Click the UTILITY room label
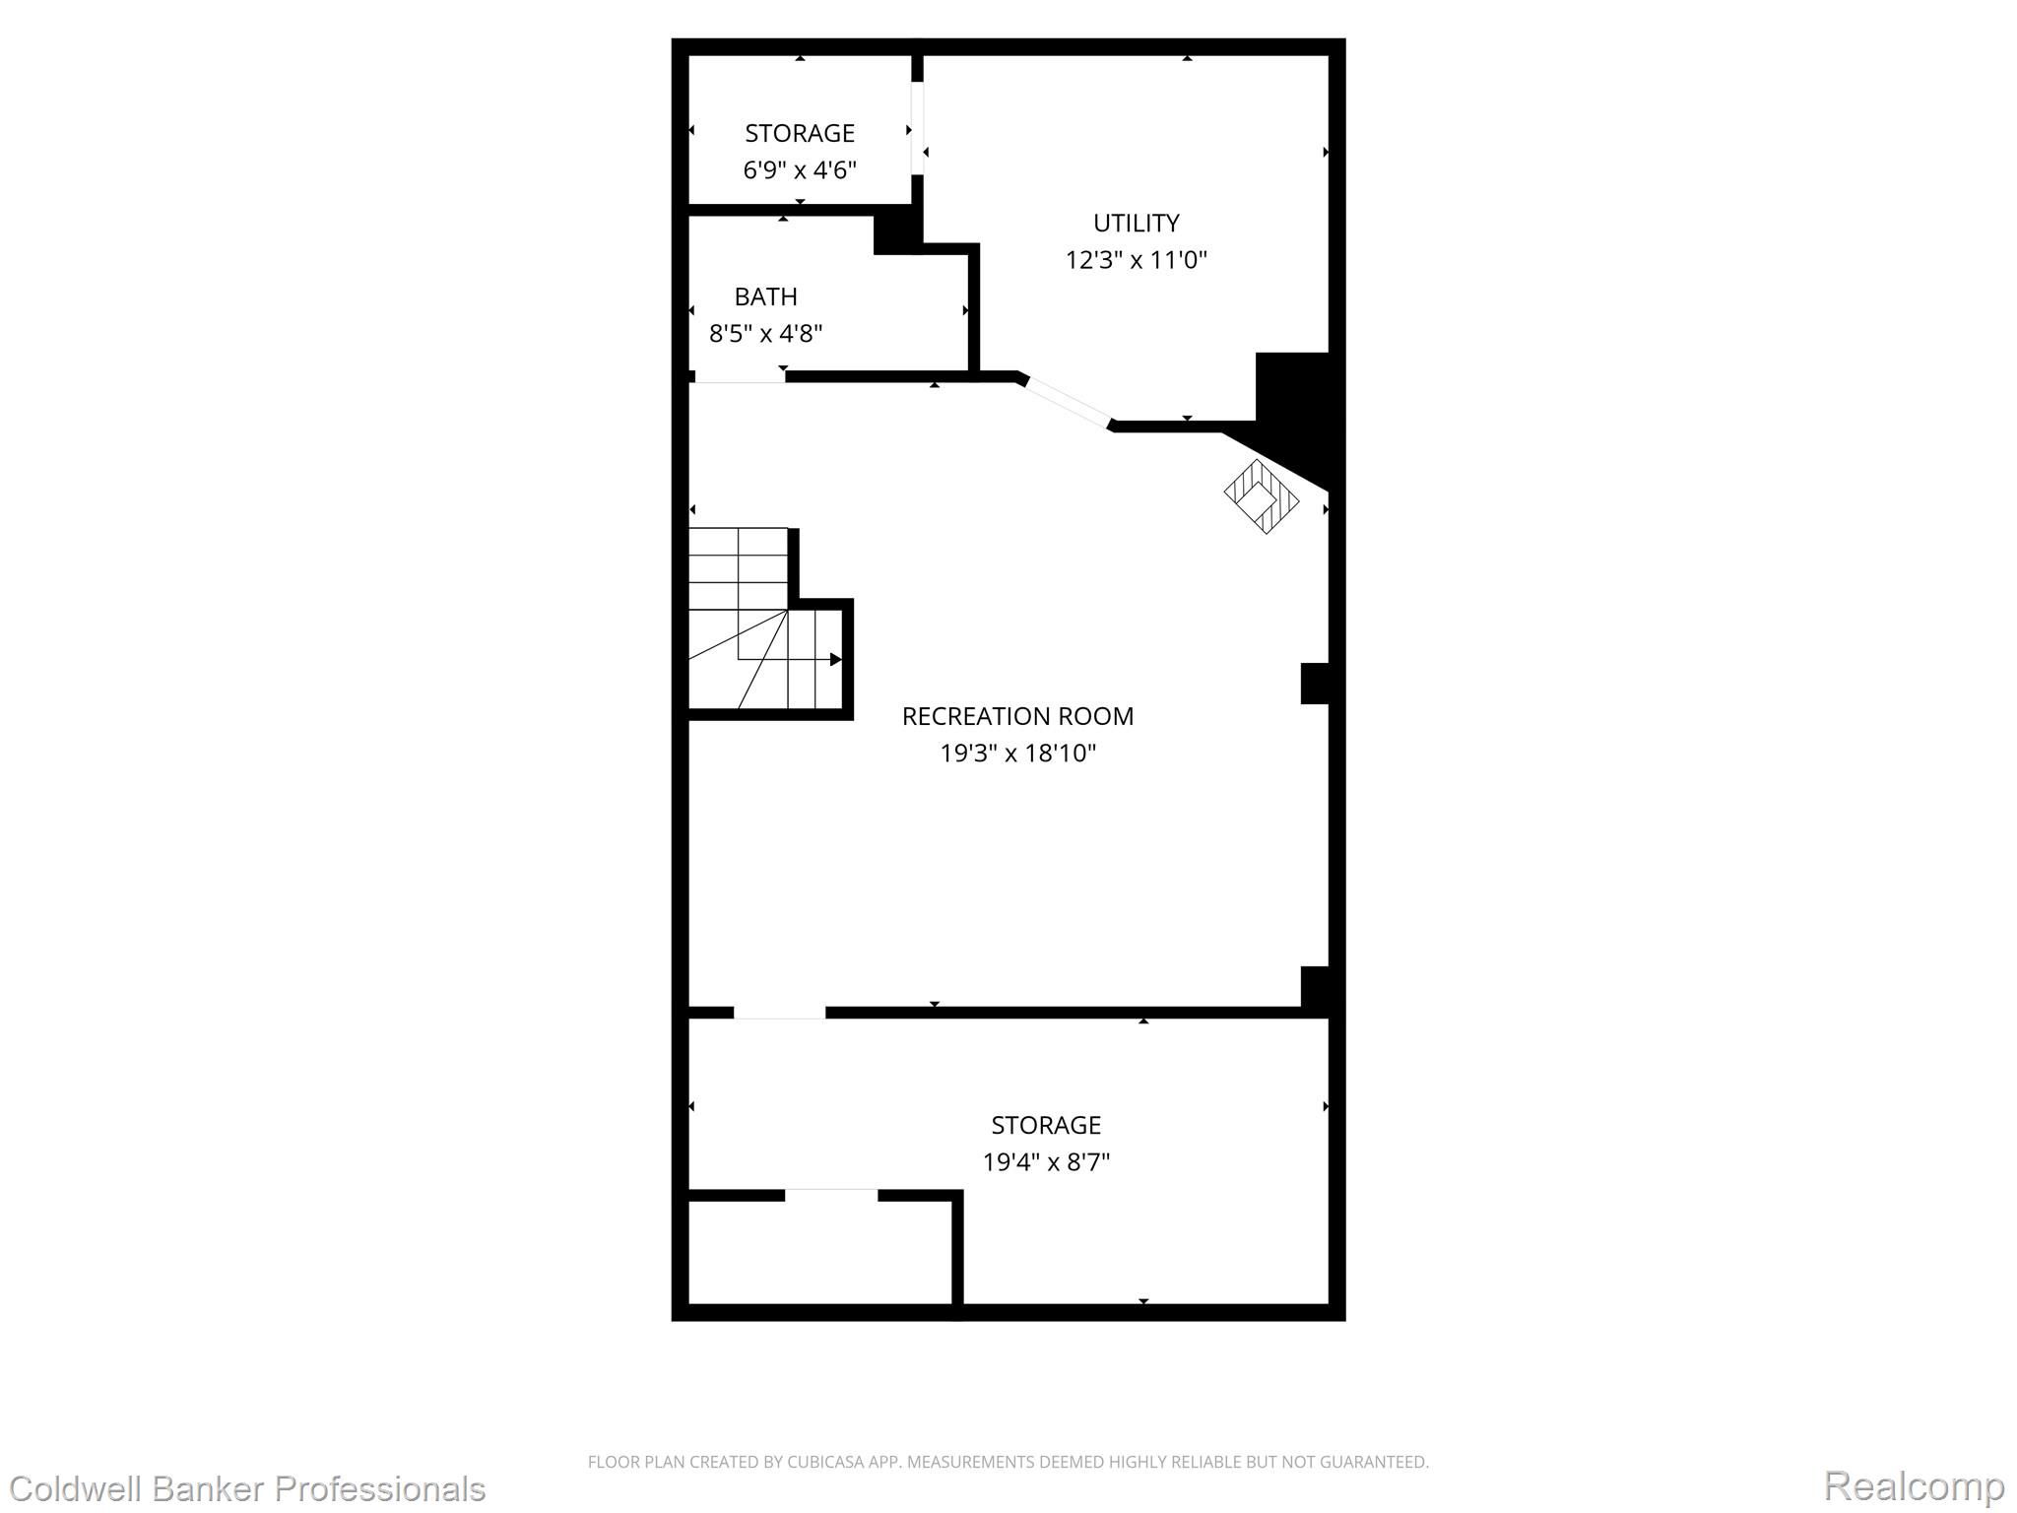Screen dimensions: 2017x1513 (x=1136, y=223)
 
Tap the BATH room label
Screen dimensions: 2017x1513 (x=765, y=296)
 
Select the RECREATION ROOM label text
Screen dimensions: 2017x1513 (x=1017, y=716)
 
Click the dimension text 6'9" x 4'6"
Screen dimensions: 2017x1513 (x=800, y=170)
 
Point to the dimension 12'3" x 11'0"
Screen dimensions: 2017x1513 (x=1136, y=260)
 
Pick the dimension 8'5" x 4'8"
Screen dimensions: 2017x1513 (x=765, y=333)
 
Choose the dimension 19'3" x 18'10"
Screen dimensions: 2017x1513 (x=1017, y=754)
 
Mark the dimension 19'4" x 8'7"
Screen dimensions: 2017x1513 (x=1046, y=1162)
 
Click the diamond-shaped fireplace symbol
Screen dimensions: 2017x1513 (x=1262, y=496)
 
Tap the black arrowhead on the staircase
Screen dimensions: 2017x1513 (x=836, y=660)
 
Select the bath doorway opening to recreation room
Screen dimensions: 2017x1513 (x=740, y=378)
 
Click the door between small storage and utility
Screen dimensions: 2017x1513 (x=917, y=128)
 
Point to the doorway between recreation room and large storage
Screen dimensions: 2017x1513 (x=779, y=1013)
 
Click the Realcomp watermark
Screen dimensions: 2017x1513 (x=1914, y=1485)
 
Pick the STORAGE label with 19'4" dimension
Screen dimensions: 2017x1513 (x=1046, y=1125)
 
